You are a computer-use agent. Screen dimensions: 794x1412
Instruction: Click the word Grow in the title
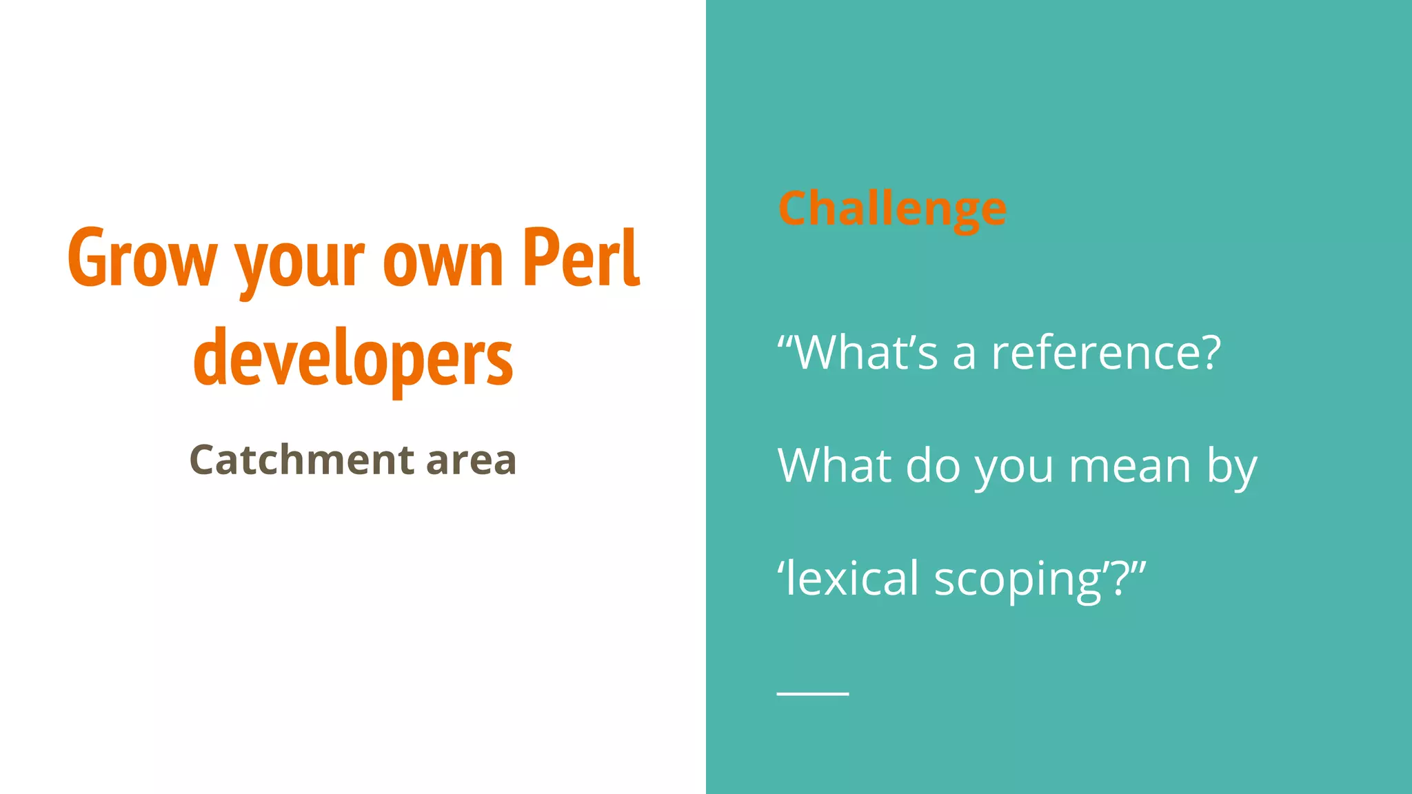coord(142,258)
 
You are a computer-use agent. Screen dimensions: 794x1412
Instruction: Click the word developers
coord(353,359)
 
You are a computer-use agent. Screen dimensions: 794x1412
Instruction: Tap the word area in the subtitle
coord(471,461)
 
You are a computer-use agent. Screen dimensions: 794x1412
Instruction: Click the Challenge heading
coord(892,208)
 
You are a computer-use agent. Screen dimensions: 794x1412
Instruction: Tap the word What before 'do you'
coord(835,465)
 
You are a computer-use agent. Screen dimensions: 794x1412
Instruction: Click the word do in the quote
coord(933,465)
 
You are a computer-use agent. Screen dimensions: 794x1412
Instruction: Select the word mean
coord(1130,467)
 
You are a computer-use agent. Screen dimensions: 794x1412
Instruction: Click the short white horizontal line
coord(813,693)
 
